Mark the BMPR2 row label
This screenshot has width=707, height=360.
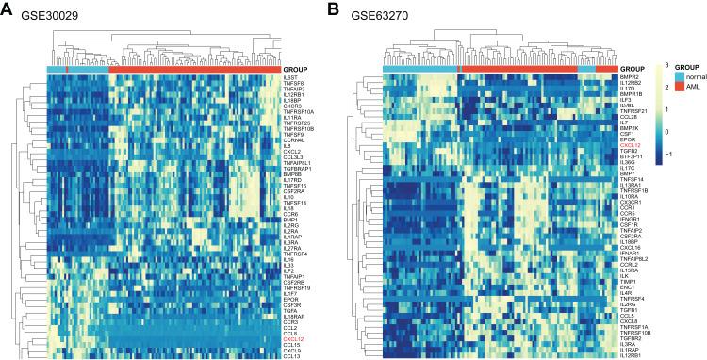pos(632,76)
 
